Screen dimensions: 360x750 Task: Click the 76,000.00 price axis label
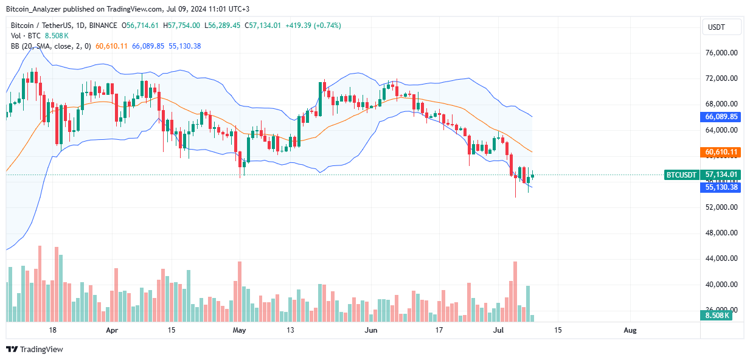coord(721,53)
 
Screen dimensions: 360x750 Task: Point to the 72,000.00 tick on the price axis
coord(721,78)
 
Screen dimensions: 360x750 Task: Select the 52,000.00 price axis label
coord(721,207)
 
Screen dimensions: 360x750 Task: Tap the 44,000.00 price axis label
coord(721,258)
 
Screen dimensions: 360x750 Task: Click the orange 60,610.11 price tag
coord(721,152)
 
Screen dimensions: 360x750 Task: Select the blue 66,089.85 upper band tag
coord(721,116)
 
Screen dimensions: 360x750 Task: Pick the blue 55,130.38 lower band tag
coord(721,187)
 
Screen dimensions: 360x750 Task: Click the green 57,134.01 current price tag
coord(721,175)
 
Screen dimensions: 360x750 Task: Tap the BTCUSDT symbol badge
coord(681,175)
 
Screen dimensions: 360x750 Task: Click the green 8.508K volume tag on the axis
coord(718,316)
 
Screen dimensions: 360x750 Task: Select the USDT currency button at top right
coord(722,27)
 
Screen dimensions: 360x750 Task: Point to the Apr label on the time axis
coord(111,330)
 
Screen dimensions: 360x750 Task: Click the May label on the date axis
coord(239,330)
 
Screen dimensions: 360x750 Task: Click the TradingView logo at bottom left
coord(35,349)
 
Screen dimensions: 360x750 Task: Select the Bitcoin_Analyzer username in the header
coord(33,9)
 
